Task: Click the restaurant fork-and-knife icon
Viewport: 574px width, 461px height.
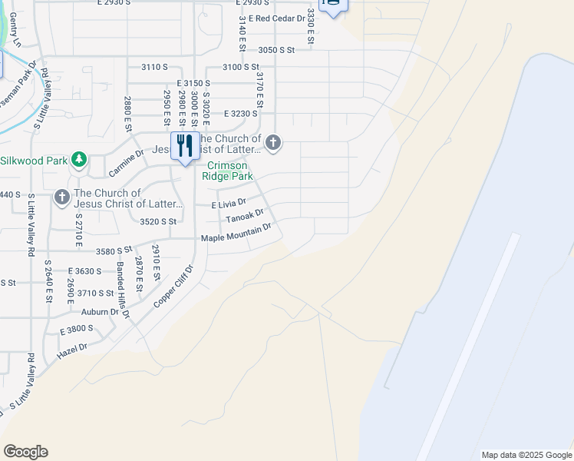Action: pyautogui.click(x=184, y=145)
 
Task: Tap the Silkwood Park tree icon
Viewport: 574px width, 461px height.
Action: pyautogui.click(x=78, y=160)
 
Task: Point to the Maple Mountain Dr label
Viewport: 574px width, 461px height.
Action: pyautogui.click(x=236, y=233)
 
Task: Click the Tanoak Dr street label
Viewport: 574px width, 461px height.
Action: pyautogui.click(x=245, y=217)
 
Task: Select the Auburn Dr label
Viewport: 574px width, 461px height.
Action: pyautogui.click(x=103, y=313)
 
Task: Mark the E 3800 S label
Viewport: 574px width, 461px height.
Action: pyautogui.click(x=76, y=329)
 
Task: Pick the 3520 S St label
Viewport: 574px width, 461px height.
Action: pyautogui.click(x=159, y=221)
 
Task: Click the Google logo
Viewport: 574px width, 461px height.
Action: pyautogui.click(x=25, y=452)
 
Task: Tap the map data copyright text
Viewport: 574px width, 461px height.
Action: pyautogui.click(x=526, y=455)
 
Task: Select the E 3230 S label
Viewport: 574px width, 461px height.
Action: pyautogui.click(x=241, y=114)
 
